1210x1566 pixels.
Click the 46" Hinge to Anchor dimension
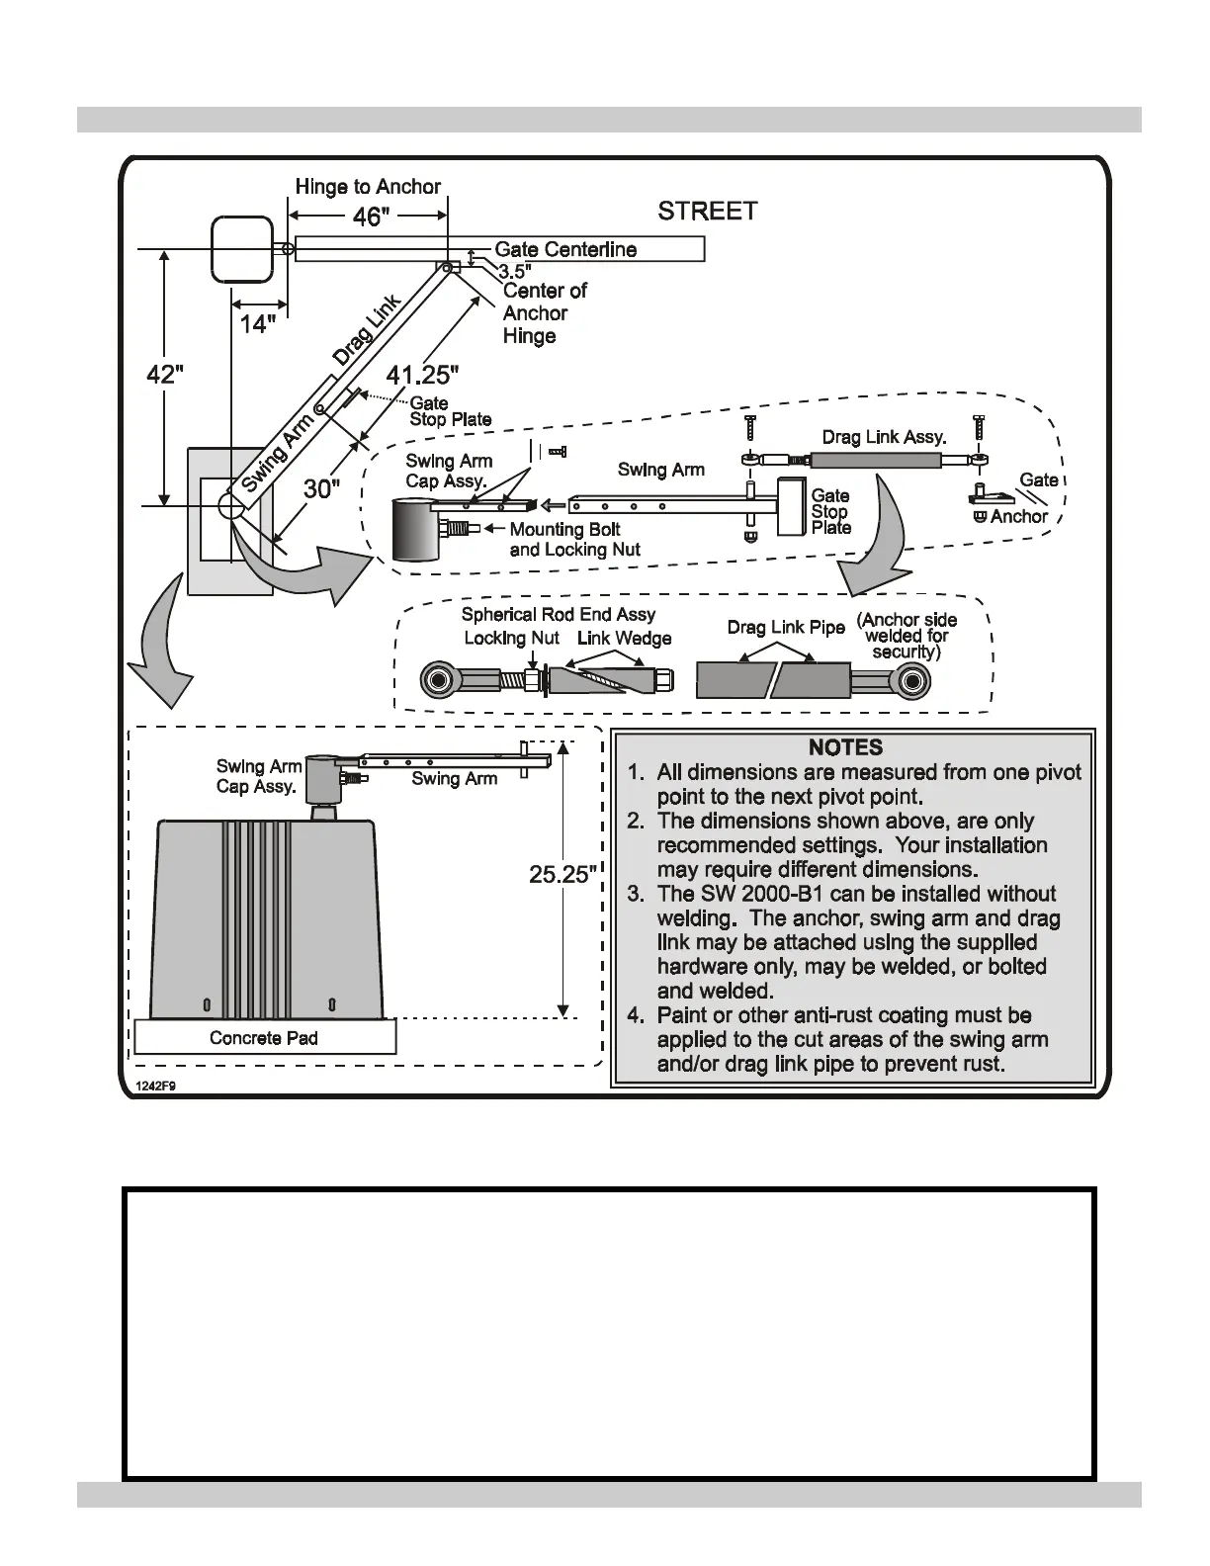(368, 217)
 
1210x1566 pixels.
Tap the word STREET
(708, 211)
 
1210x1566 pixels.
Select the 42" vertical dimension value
(165, 376)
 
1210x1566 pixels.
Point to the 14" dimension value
(258, 323)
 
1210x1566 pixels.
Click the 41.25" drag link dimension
(422, 376)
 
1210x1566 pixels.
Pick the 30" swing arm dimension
(321, 488)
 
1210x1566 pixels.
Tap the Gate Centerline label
(565, 249)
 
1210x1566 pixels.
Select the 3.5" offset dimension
(514, 271)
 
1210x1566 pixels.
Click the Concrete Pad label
(264, 1038)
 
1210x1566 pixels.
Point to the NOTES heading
(845, 748)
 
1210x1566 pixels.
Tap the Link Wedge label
(624, 639)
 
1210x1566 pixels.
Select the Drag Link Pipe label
(786, 628)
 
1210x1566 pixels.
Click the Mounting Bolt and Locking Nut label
(574, 540)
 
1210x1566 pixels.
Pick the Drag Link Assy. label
(884, 437)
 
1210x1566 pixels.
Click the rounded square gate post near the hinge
(242, 248)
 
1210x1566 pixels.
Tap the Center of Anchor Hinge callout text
(544, 312)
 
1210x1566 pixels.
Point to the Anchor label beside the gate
(1018, 516)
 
